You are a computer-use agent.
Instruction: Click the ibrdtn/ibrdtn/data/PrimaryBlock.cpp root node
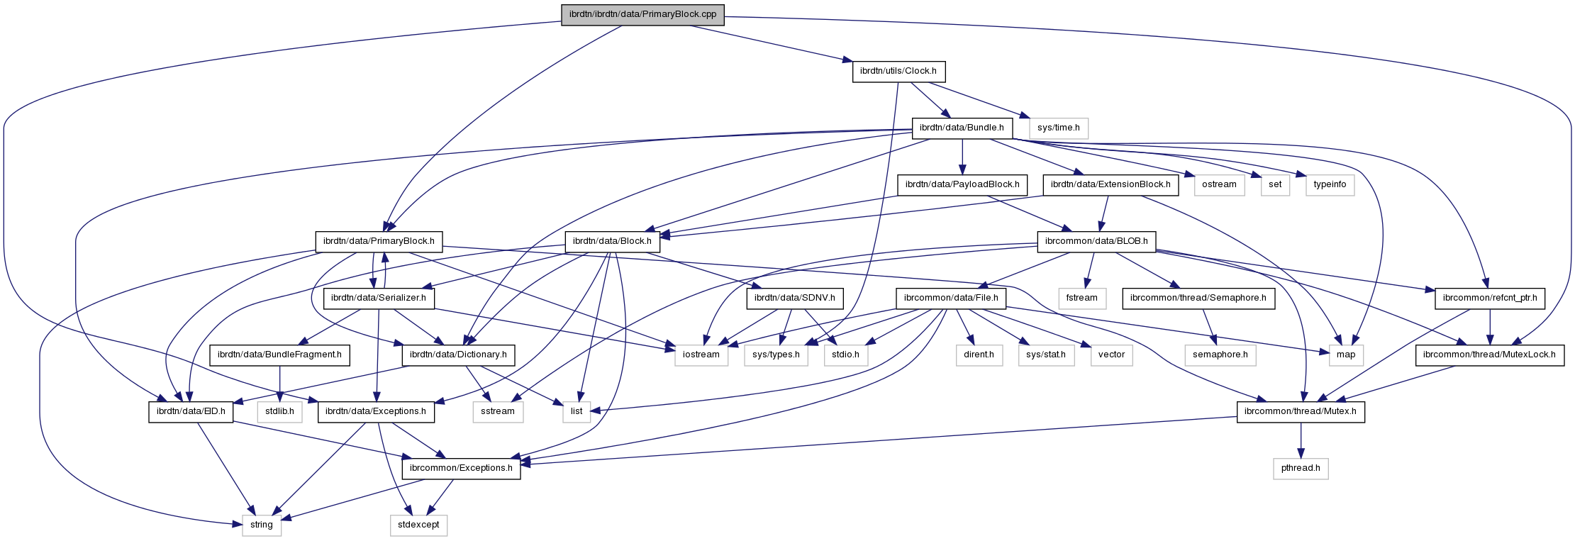tap(642, 15)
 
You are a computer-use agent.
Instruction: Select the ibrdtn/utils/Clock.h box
tap(898, 72)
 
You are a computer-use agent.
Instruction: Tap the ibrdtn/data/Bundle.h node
tap(962, 128)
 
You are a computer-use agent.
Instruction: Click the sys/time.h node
tap(1058, 128)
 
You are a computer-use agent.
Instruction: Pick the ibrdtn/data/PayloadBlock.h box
tap(962, 185)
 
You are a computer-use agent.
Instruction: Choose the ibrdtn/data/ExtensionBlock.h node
tap(1111, 185)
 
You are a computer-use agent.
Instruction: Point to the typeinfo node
tap(1330, 185)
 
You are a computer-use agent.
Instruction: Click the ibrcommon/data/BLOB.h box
tap(1096, 241)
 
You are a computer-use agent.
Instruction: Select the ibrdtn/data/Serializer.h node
tap(379, 298)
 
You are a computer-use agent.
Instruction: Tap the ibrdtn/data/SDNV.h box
tap(795, 298)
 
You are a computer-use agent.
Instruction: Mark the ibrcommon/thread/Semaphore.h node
tap(1198, 298)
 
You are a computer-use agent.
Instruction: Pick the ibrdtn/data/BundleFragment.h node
tap(279, 355)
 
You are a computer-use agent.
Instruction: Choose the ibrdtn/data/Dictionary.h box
tap(458, 355)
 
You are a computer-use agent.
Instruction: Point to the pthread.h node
tap(1300, 468)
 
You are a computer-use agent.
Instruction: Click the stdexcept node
tap(418, 525)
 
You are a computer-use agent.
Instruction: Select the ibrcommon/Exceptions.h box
tap(461, 468)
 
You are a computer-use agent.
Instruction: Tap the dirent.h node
tap(979, 355)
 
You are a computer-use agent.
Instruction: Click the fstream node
tap(1081, 298)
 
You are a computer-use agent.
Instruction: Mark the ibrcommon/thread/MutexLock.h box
tap(1490, 355)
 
